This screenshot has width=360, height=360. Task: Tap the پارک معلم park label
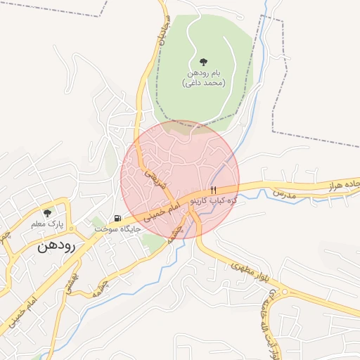[47, 224]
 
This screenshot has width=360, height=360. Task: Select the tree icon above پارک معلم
[47, 212]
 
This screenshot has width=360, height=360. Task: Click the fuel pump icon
[117, 218]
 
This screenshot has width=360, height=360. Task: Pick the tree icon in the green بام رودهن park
[203, 62]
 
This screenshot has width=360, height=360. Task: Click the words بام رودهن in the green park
[204, 73]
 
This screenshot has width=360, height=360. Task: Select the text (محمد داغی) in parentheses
[203, 83]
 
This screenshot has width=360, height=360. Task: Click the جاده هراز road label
[340, 186]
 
